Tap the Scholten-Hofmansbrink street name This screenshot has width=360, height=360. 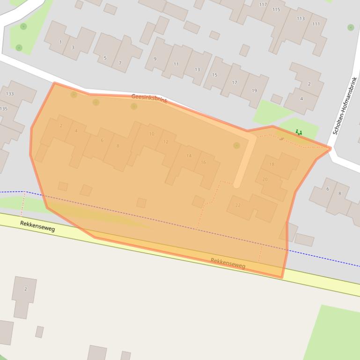click(345, 106)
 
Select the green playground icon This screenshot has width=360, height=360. click(299, 133)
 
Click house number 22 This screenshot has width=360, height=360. click(238, 205)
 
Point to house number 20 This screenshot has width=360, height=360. click(265, 180)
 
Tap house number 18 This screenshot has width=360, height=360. click(272, 165)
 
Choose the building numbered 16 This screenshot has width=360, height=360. click(203, 162)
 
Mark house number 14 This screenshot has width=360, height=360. click(189, 156)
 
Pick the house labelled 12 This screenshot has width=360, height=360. click(166, 142)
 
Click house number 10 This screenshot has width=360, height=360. click(152, 134)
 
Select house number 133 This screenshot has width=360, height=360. click(10, 94)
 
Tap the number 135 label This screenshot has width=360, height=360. click(4, 108)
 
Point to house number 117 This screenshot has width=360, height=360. click(263, 5)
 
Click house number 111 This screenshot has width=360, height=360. click(316, 24)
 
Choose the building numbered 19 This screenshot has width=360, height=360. click(254, 91)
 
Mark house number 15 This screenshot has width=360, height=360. click(214, 75)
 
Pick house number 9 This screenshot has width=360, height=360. click(155, 59)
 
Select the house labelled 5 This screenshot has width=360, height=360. click(105, 58)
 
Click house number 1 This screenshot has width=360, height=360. click(60, 42)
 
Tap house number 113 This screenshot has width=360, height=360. click(301, 19)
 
